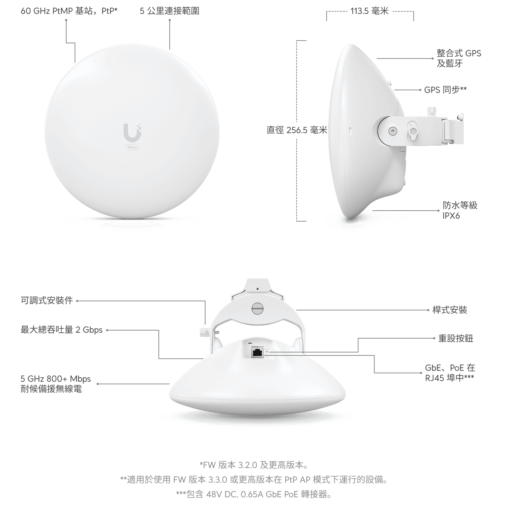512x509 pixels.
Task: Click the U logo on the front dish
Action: pyautogui.click(x=132, y=132)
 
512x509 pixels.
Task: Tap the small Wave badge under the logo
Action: pyautogui.click(x=132, y=147)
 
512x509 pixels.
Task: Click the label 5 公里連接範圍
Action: pyautogui.click(x=170, y=11)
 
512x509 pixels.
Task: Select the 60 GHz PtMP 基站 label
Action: pyautogui.click(x=69, y=11)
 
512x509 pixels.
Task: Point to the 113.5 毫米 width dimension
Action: pyautogui.click(x=370, y=11)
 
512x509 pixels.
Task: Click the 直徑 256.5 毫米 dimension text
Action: pyautogui.click(x=297, y=130)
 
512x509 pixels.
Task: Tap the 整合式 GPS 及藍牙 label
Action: pyautogui.click(x=459, y=58)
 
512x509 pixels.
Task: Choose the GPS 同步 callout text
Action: pyautogui.click(x=445, y=90)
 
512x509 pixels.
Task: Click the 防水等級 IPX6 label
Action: pyautogui.click(x=460, y=210)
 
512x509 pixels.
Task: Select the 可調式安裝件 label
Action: pyautogui.click(x=47, y=301)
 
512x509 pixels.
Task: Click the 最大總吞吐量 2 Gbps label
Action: pyautogui.click(x=62, y=330)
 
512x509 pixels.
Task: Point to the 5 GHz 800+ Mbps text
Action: pyautogui.click(x=56, y=378)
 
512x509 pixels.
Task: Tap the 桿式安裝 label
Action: pyautogui.click(x=449, y=310)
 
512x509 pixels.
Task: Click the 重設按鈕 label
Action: pyautogui.click(x=456, y=338)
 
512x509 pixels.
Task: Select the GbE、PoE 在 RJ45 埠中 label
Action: pyautogui.click(x=450, y=373)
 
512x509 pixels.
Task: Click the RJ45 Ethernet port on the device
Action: pyautogui.click(x=257, y=353)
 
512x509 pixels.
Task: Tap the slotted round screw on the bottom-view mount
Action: pyautogui.click(x=257, y=308)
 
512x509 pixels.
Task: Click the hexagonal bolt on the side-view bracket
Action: pyautogui.click(x=413, y=131)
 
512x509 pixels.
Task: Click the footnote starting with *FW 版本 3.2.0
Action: pyautogui.click(x=254, y=465)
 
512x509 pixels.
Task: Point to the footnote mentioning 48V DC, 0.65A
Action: pyautogui.click(x=254, y=494)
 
